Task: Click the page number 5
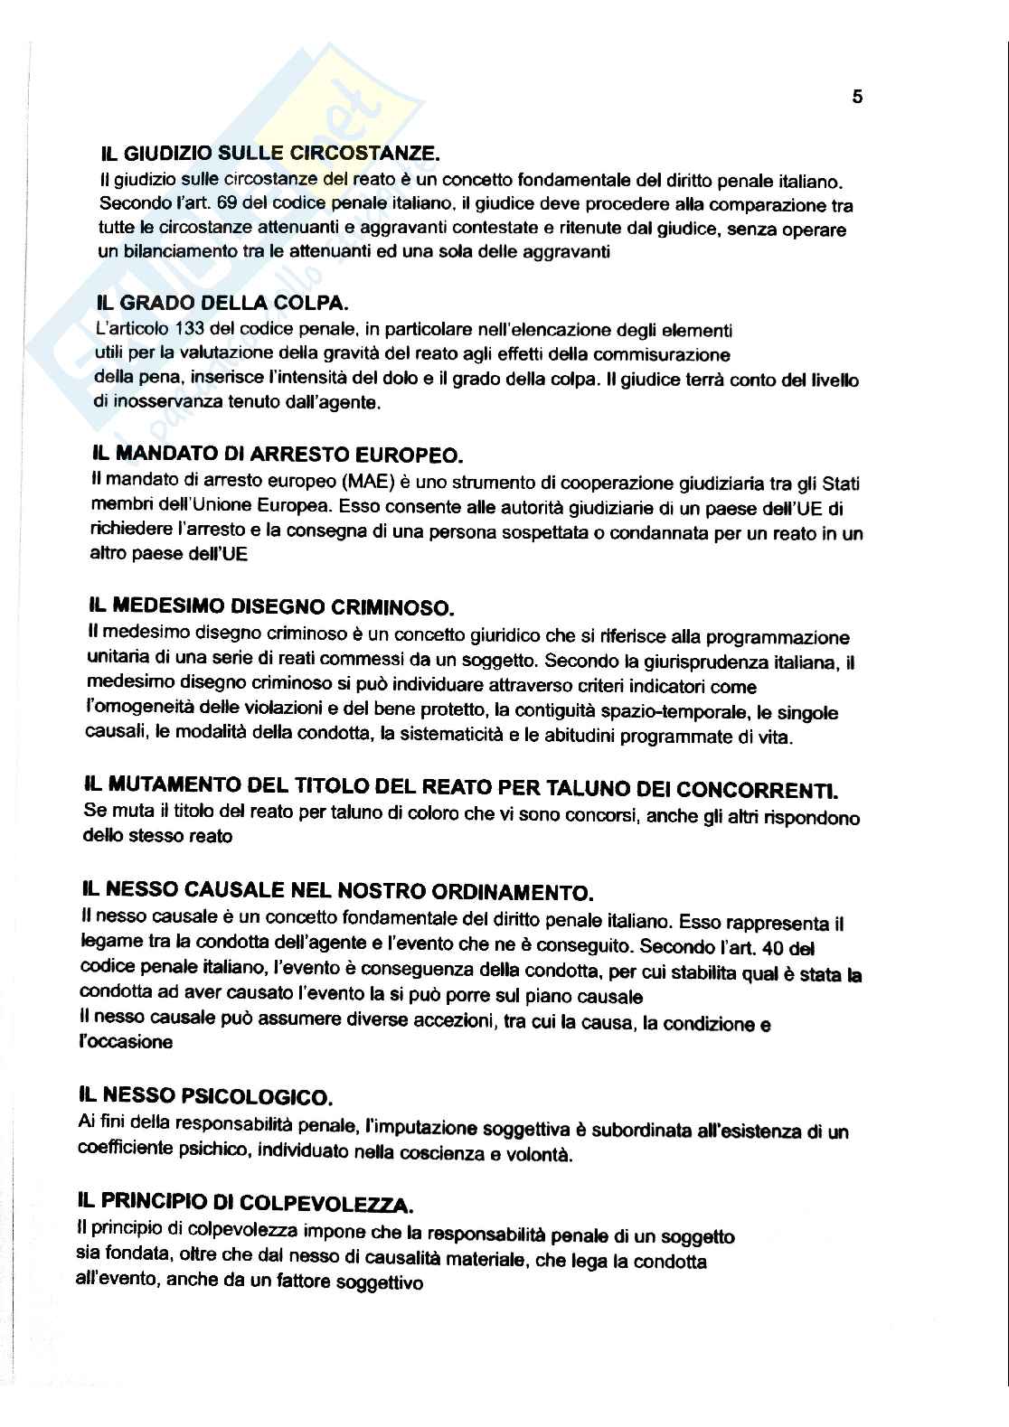click(x=857, y=98)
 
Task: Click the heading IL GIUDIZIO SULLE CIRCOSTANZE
click(x=271, y=155)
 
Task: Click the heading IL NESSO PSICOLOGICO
click(x=206, y=1096)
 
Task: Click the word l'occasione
click(x=126, y=1042)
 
